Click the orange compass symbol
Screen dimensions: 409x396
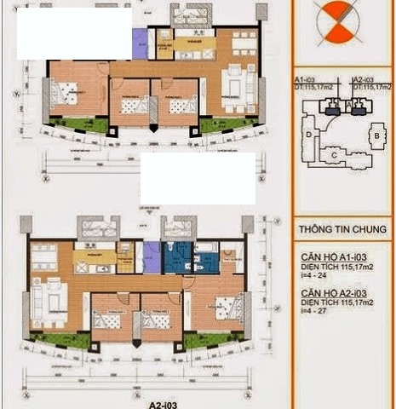(x=334, y=20)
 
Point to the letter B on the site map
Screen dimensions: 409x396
(x=376, y=135)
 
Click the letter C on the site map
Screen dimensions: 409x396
(x=336, y=154)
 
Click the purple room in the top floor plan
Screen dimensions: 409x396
(x=140, y=43)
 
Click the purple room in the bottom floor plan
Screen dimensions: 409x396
(x=151, y=256)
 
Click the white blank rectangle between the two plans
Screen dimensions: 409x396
(x=198, y=178)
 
